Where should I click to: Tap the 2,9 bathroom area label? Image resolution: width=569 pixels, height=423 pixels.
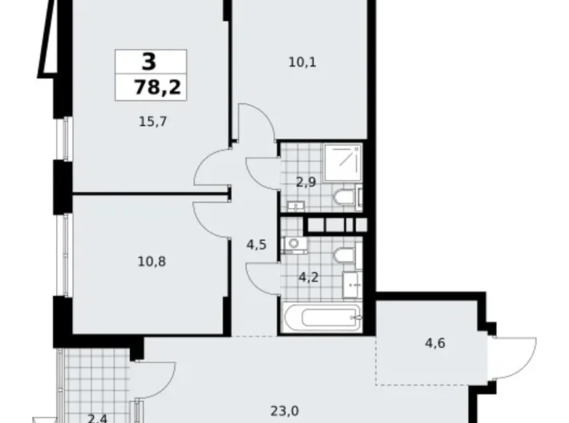tap(306, 182)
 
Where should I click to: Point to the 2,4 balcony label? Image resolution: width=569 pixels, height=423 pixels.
tap(96, 418)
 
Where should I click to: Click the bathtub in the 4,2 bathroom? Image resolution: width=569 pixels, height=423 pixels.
tap(321, 319)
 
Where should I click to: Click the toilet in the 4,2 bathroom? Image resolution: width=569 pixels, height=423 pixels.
tap(344, 255)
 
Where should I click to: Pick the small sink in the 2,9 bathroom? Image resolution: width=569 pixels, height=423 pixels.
tap(294, 206)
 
